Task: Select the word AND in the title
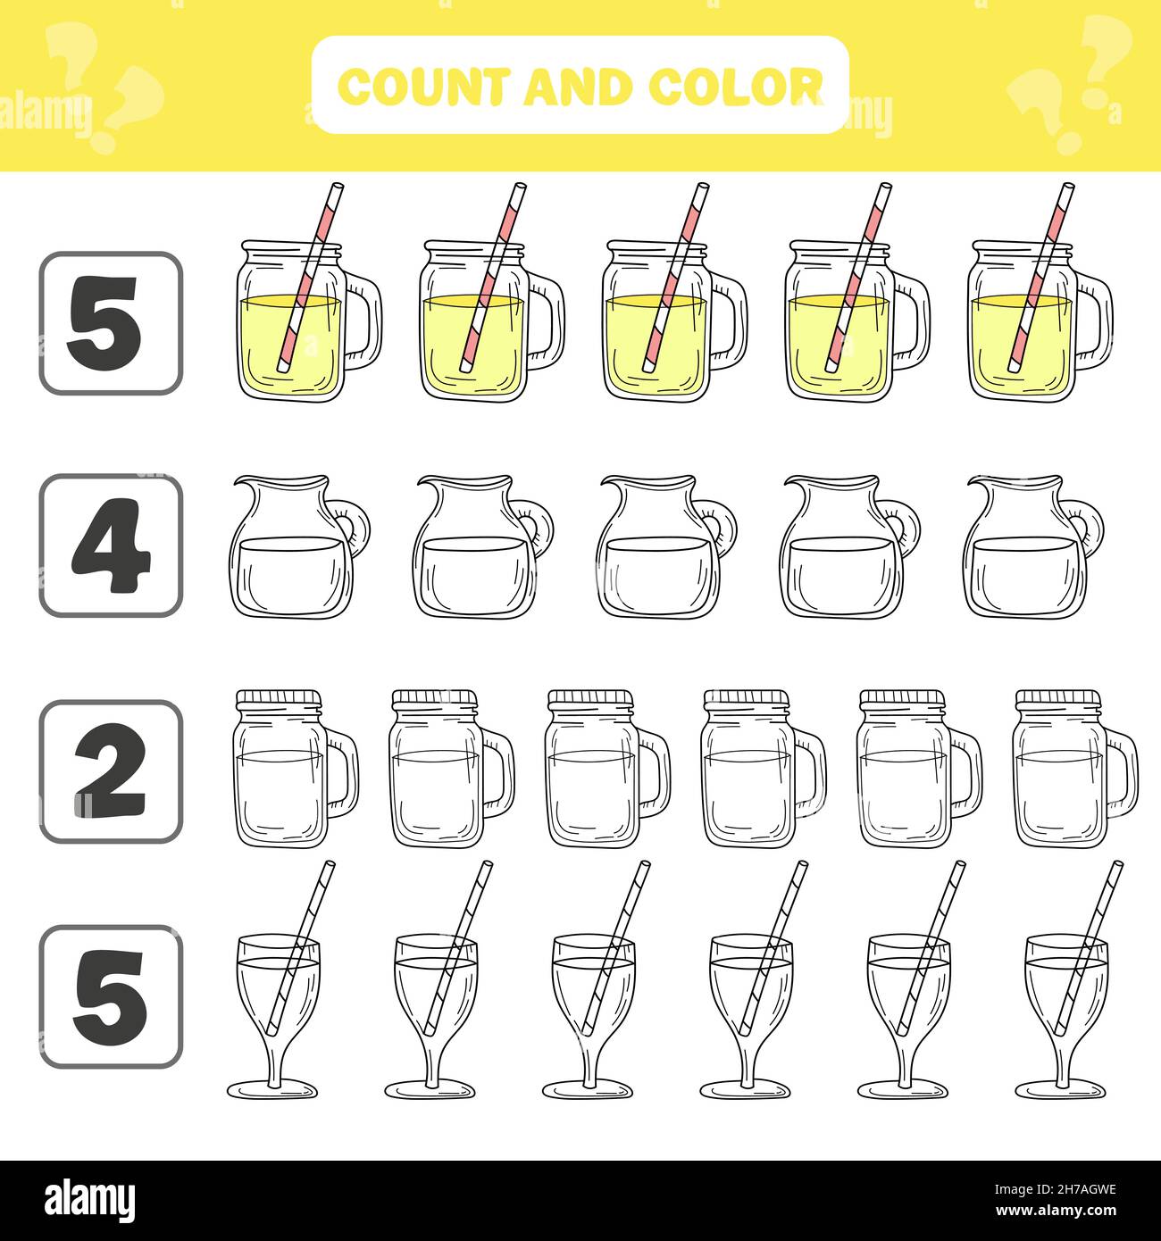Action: pos(580,87)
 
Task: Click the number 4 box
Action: pos(111,546)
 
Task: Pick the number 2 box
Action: pos(111,771)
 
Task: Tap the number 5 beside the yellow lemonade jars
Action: pos(111,322)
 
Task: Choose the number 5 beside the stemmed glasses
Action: pos(111,996)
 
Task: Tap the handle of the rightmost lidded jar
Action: pos(1123,768)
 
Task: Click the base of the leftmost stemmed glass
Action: pos(271,1089)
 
